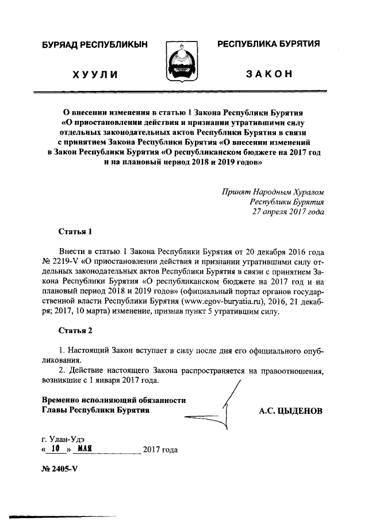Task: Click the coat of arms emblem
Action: coord(183,61)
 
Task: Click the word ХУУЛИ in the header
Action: coord(95,74)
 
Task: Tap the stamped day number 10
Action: coord(55,448)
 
